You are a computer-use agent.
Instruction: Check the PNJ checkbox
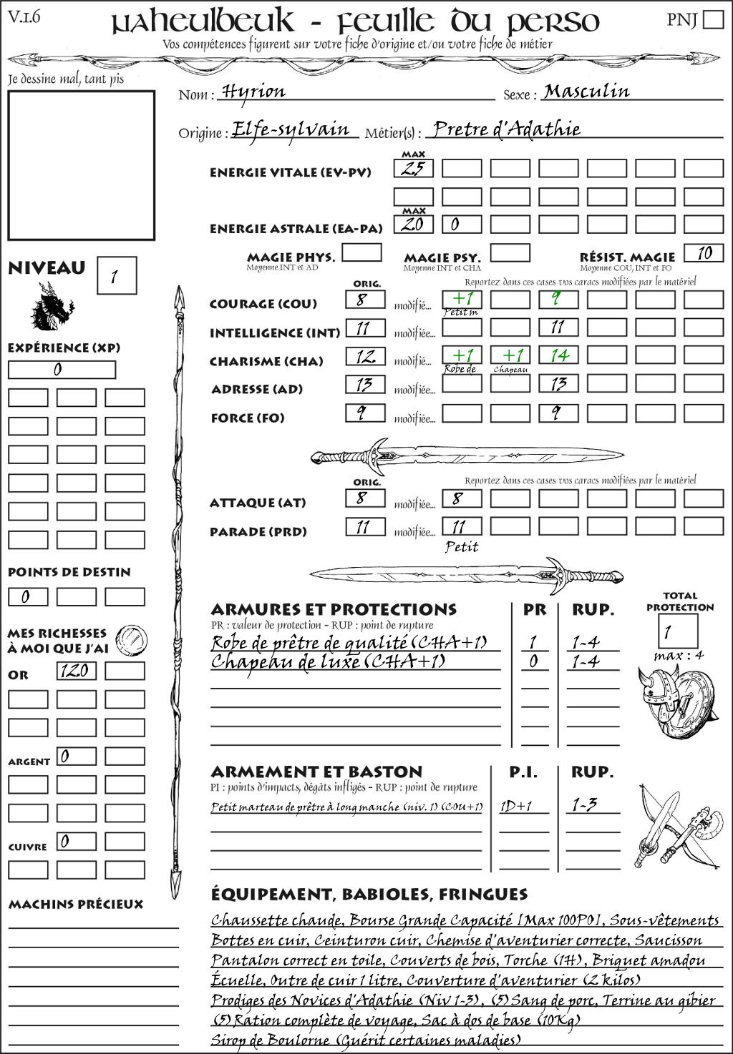[x=713, y=19]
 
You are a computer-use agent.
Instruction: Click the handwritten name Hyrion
[x=253, y=92]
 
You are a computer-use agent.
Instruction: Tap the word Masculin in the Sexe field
[x=586, y=92]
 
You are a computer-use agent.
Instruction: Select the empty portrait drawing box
[x=81, y=165]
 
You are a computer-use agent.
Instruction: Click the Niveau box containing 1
[x=116, y=276]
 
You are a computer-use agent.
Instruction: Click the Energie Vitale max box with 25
[x=413, y=169]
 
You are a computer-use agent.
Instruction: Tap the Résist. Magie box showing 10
[x=703, y=253]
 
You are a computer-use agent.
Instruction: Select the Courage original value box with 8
[x=365, y=300]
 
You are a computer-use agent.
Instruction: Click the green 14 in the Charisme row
[x=558, y=355]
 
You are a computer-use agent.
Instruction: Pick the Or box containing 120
[x=76, y=671]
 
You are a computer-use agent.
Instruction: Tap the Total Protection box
[x=677, y=631]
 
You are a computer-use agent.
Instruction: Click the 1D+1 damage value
[x=517, y=806]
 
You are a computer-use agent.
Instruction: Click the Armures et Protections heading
[x=334, y=610]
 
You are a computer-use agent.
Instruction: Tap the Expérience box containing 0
[x=62, y=370]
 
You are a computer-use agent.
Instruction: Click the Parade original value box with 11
[x=365, y=528]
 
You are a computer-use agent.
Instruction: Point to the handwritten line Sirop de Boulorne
[x=366, y=1040]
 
